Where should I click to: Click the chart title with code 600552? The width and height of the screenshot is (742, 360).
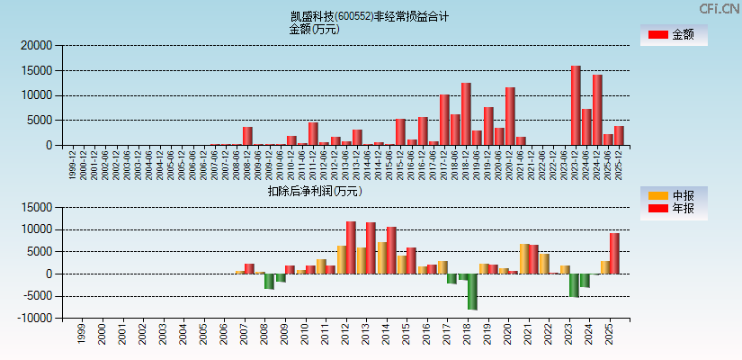[370, 16]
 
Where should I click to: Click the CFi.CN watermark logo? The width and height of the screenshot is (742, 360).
[719, 9]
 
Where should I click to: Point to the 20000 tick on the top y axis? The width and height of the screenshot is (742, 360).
[37, 45]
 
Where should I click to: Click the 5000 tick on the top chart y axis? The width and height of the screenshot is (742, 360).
[42, 120]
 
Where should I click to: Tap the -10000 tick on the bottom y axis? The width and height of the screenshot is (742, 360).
[35, 318]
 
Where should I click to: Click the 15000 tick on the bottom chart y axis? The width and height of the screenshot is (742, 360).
[37, 207]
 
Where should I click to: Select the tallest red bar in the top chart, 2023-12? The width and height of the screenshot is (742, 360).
[576, 105]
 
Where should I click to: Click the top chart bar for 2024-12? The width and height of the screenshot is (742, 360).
[597, 110]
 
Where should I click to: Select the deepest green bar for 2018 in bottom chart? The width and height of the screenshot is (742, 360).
[472, 292]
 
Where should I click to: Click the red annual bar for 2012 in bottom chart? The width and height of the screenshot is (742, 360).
[351, 247]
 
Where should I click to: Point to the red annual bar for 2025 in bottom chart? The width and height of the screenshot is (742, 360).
[614, 253]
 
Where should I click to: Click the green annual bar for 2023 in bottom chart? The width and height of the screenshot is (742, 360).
[574, 285]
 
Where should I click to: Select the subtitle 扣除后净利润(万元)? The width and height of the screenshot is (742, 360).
[314, 191]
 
